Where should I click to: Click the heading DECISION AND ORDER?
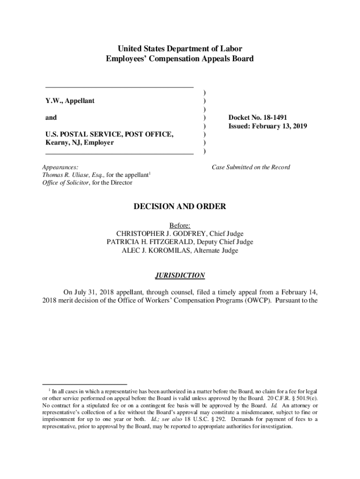click(x=180, y=206)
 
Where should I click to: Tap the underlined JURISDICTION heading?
click(x=180, y=275)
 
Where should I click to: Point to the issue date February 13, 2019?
click(x=281, y=126)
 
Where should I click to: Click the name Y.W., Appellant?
click(x=70, y=101)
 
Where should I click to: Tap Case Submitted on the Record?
click(x=251, y=167)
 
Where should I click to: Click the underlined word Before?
click(x=180, y=225)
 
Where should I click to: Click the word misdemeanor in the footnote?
click(x=253, y=412)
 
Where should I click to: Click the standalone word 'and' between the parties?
click(x=51, y=118)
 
